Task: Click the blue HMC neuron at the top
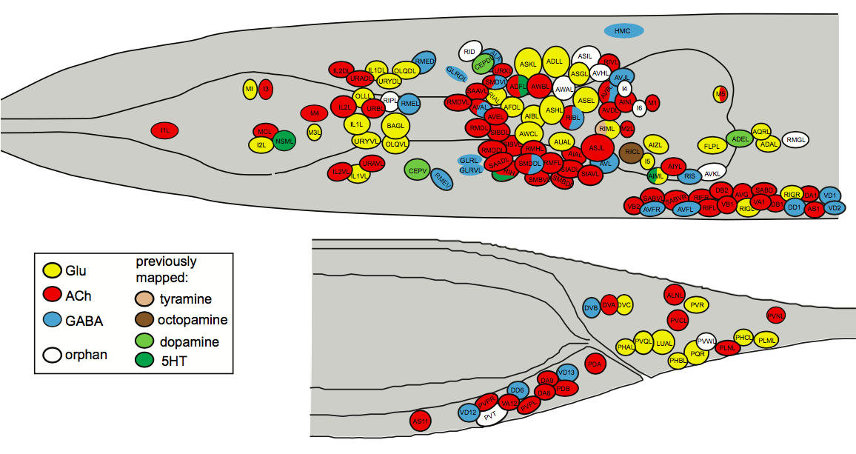point(623,30)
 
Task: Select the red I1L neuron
point(165,130)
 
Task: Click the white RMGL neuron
point(796,139)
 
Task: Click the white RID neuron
point(469,52)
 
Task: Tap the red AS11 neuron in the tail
point(420,421)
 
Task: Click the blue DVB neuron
point(590,308)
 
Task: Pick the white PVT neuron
point(490,416)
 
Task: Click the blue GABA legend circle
point(52,321)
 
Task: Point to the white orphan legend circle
point(52,354)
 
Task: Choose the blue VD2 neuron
point(835,208)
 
